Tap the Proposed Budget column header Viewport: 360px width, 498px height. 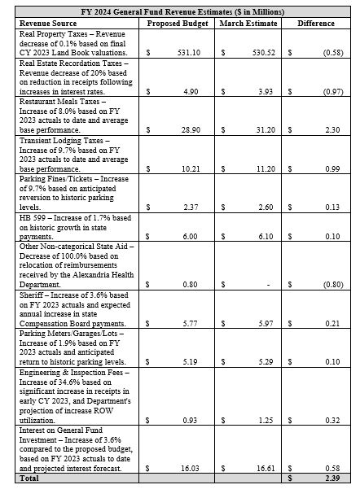(173, 24)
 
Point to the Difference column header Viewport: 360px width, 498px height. (317, 24)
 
